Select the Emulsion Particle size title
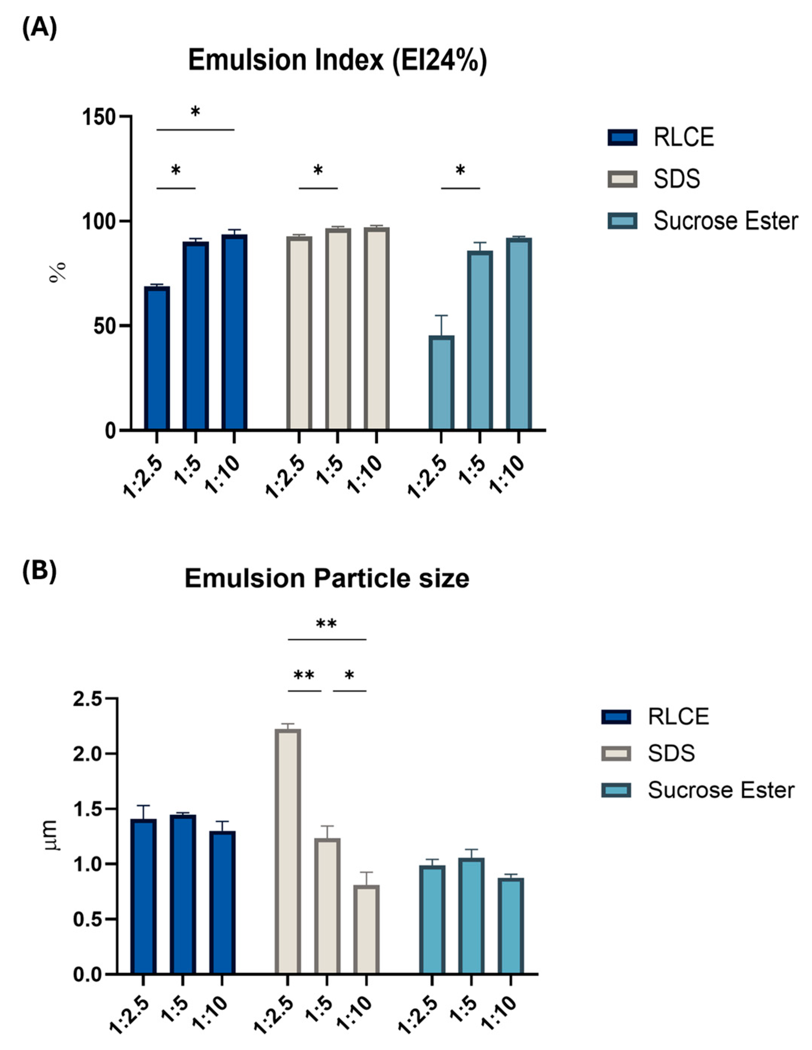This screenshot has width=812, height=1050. click(x=326, y=578)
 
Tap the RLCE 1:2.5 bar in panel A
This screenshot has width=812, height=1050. click(x=157, y=358)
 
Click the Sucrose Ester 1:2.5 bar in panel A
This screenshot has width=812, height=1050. click(x=441, y=383)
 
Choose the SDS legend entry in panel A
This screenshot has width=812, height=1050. click(x=676, y=179)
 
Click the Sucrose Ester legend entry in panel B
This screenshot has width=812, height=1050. click(x=720, y=790)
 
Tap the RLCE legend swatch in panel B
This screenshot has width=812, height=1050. click(x=615, y=717)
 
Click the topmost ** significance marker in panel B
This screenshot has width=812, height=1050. click(x=326, y=624)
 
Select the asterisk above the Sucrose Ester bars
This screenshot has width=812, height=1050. click(x=460, y=170)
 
